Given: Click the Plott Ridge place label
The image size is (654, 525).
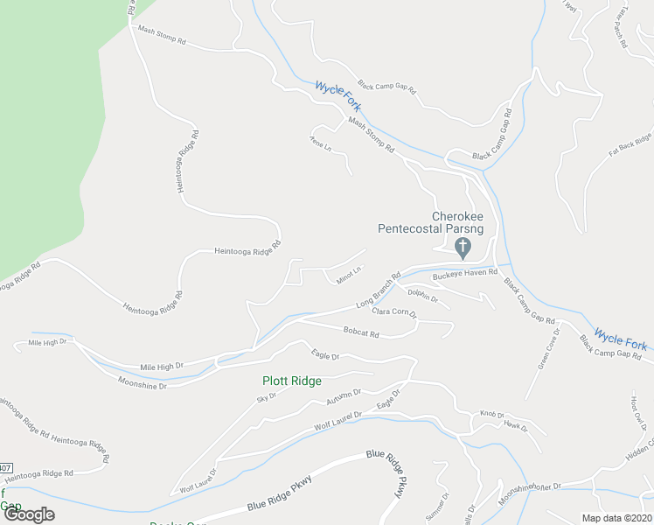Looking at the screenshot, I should (292, 381).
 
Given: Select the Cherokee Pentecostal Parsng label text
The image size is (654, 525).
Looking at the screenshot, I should (431, 223).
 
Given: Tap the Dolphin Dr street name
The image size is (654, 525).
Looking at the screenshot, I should (422, 296).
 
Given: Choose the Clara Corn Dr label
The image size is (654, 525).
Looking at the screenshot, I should (394, 311).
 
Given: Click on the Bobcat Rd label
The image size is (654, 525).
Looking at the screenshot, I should (361, 333).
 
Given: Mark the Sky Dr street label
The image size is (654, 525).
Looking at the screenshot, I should (266, 398).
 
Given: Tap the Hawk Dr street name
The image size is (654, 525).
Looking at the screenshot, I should (516, 427).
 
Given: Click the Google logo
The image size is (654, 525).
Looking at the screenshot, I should (28, 514).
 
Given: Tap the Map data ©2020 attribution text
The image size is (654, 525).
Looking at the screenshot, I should (617, 518).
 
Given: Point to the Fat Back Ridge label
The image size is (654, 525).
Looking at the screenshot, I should (630, 150).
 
